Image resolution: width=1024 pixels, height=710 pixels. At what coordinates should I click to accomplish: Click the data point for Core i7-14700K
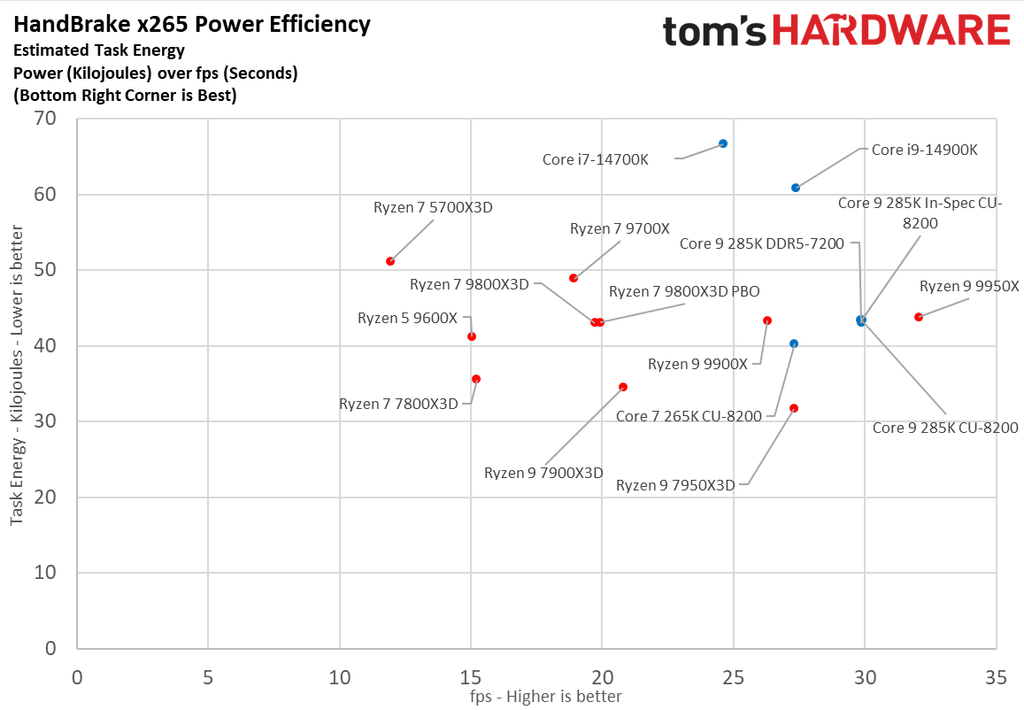coord(723,144)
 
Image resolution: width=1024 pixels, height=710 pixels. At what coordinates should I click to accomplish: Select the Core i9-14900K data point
coord(795,188)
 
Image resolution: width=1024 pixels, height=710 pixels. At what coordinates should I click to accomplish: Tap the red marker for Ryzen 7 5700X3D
coord(390,261)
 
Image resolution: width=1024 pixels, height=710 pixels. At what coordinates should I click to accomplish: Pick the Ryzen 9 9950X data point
coord(918,317)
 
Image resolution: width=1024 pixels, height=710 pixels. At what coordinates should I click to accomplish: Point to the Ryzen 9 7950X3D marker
coord(794,408)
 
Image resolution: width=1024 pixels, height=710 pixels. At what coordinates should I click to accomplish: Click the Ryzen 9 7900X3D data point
coord(623,387)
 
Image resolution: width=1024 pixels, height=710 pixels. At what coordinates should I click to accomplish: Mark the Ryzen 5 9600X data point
coord(471,337)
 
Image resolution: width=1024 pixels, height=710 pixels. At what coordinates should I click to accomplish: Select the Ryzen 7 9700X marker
coord(573,278)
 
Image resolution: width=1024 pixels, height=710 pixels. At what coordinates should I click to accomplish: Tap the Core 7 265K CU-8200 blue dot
coord(794,344)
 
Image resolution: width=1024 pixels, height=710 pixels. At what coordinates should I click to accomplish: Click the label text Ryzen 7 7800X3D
coord(398,404)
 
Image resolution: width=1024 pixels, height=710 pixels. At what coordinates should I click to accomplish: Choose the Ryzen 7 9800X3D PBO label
coord(684,291)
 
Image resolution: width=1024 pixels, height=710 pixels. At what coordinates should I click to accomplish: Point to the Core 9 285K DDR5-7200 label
coord(762,243)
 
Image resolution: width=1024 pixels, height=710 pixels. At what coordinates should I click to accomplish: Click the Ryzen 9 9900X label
coord(697,364)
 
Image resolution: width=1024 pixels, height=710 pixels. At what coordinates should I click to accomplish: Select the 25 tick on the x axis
coord(733,676)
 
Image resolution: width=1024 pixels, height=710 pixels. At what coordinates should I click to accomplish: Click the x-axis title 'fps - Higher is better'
coord(546,697)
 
